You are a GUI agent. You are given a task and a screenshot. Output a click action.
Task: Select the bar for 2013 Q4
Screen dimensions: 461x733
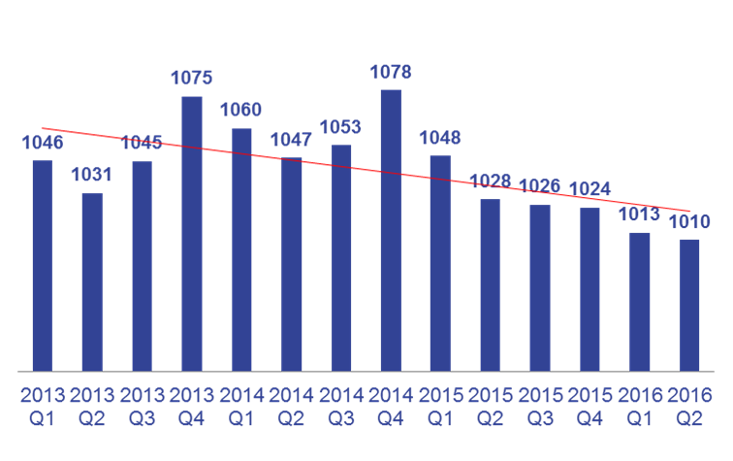click(192, 233)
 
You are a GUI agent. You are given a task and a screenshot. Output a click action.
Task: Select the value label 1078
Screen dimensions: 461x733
click(391, 72)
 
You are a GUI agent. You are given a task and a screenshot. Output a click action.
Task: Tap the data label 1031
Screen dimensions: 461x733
click(91, 176)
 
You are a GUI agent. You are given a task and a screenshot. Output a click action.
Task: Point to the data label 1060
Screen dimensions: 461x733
click(240, 110)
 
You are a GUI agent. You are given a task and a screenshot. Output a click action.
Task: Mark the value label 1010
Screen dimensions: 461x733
click(689, 221)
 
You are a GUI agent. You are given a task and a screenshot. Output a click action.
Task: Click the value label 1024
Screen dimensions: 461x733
click(590, 189)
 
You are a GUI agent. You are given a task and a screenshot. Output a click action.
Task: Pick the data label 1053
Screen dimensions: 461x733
click(340, 127)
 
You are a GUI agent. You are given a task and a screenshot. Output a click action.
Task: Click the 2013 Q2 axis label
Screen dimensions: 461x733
click(91, 407)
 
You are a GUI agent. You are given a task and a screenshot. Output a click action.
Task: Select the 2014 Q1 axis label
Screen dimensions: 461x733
click(240, 407)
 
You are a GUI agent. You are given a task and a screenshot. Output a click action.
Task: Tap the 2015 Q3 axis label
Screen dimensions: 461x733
click(539, 407)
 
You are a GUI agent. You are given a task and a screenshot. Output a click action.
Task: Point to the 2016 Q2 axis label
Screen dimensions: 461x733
click(689, 407)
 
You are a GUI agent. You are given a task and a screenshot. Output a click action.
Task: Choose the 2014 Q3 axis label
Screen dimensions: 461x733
click(340, 407)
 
